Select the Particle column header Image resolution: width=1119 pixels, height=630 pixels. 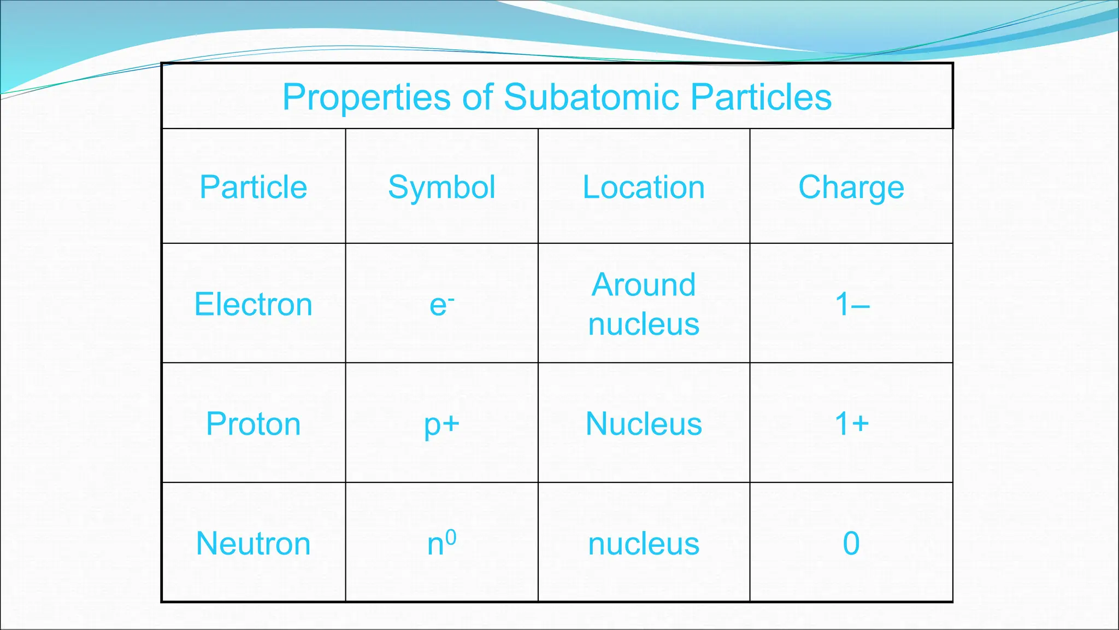254,187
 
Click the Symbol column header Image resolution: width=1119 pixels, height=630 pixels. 441,187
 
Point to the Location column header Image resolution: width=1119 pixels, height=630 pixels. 644,187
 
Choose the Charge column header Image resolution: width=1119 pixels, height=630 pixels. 851,187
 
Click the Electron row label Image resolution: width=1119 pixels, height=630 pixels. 254,304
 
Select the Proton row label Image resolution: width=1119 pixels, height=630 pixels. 254,424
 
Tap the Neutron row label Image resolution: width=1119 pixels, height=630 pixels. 254,544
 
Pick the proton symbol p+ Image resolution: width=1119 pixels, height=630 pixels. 441,424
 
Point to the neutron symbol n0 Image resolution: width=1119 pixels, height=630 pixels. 440,544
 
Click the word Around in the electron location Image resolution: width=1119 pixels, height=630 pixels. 644,285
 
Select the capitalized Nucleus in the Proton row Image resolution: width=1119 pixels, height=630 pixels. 644,424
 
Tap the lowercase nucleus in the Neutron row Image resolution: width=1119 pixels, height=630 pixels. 644,544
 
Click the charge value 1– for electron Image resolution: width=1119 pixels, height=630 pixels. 852,304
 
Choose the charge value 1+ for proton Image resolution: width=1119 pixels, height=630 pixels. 852,423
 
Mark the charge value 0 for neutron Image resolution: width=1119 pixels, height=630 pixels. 851,544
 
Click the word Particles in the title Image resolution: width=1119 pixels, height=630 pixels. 761,97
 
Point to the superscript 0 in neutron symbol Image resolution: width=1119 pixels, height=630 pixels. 451,537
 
